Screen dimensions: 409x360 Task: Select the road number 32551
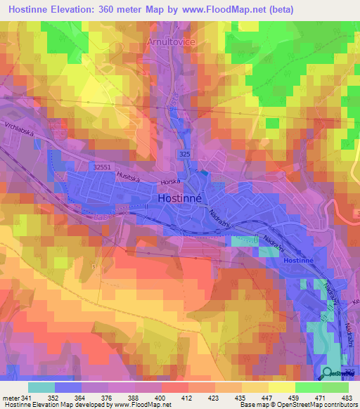103,167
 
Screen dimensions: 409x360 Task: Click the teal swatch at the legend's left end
41,387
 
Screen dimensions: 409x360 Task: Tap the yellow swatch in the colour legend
281,387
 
